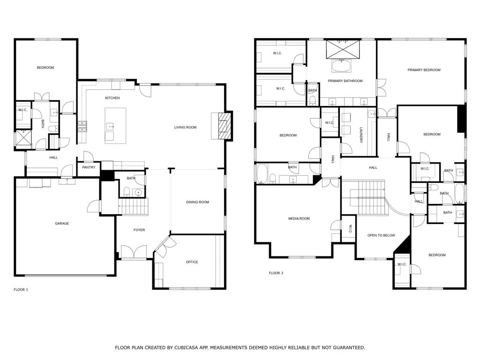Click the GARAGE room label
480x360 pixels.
[x=62, y=224]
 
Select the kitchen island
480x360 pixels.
[x=115, y=126]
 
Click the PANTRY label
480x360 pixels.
[x=89, y=167]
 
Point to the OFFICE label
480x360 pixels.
[x=192, y=262]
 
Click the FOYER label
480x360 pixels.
[x=139, y=230]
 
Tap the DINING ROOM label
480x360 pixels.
[x=197, y=202]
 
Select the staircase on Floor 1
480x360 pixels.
[x=133, y=206]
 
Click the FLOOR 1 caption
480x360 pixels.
[x=21, y=290]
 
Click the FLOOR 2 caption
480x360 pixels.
[x=276, y=273]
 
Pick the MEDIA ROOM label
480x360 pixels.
[x=299, y=218]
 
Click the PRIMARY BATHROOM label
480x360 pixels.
[x=345, y=81]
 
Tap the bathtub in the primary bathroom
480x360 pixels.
[x=342, y=66]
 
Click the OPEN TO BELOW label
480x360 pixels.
[x=381, y=235]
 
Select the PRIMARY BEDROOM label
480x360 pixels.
[x=424, y=70]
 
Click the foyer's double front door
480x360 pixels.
[x=134, y=252]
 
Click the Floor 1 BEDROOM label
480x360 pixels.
[x=45, y=67]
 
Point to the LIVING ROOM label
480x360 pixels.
[x=185, y=127]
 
